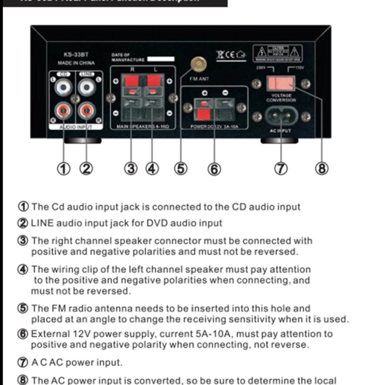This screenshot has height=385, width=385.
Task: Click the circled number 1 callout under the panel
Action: pyautogui.click(x=63, y=169)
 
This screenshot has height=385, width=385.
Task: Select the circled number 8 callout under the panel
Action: pyautogui.click(x=322, y=169)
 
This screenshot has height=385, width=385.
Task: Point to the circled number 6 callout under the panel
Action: pyautogui.click(x=214, y=169)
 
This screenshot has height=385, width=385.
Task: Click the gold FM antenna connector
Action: pyautogui.click(x=198, y=65)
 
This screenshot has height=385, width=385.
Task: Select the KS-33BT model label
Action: pyautogui.click(x=75, y=55)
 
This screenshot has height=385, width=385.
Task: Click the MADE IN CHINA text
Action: pyautogui.click(x=76, y=63)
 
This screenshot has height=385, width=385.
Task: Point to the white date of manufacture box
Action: pyautogui.click(x=160, y=59)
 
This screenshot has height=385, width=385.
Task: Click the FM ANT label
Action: pyautogui.click(x=199, y=79)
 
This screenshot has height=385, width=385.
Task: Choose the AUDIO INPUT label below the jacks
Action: pyautogui.click(x=75, y=127)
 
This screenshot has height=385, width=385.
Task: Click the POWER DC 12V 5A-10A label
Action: pyautogui.click(x=213, y=127)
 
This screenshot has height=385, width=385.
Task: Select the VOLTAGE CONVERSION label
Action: pyautogui.click(x=281, y=98)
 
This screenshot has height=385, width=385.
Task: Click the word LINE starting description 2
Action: pyautogui.click(x=43, y=223)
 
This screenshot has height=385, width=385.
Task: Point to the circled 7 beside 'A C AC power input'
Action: pyautogui.click(x=23, y=362)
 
